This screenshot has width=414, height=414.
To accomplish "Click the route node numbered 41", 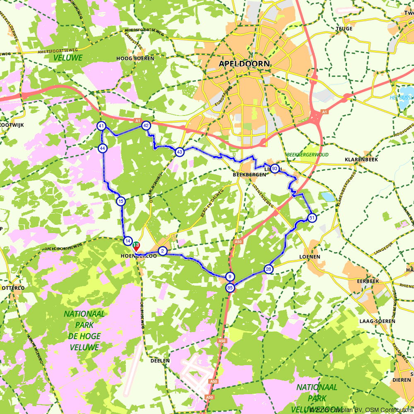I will point(101,126).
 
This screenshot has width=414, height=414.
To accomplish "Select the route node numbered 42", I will point(146,125).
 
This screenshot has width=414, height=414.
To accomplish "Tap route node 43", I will point(179,152).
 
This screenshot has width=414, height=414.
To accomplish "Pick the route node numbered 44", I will point(103,148).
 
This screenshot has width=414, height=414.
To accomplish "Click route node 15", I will point(120,202).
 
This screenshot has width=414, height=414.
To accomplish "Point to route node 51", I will point(312,218).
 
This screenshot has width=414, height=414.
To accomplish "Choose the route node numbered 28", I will point(269,270).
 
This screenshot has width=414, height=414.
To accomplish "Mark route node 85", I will point(230,287).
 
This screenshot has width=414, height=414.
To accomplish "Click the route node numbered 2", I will point(163,251).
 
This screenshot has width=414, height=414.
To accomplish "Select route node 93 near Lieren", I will point(275,168).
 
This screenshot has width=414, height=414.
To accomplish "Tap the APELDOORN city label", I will point(244,64).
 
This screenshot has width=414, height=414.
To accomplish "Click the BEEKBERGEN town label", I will point(249,175).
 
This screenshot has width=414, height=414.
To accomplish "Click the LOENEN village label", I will point(310,257).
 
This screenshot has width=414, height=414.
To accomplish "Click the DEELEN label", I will point(160,361).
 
